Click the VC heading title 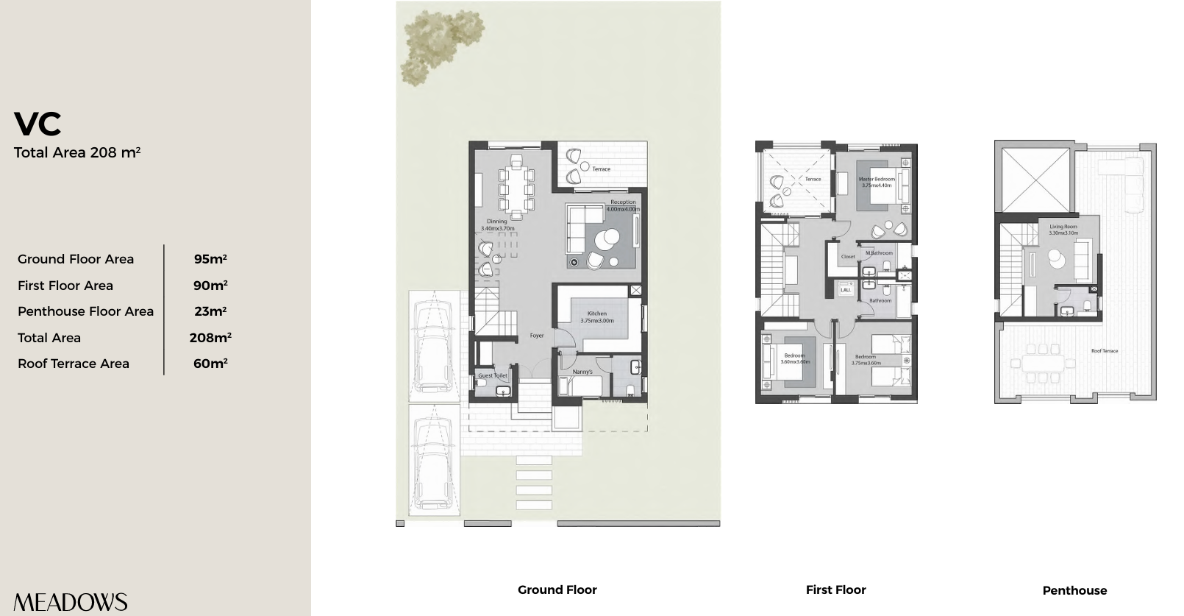pos(38,124)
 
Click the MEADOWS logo pos(71,602)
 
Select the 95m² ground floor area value pos(210,259)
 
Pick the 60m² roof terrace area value pos(210,364)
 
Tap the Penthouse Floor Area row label pos(85,311)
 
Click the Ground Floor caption pos(557,590)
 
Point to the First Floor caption pos(835,590)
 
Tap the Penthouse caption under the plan pos(1074,590)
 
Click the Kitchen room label pos(596,314)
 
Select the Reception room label pos(623,202)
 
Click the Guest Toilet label pos(492,375)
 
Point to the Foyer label pos(537,336)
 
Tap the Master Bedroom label pos(877,180)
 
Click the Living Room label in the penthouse pos(1063,227)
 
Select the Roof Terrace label pos(1104,351)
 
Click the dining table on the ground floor pos(517,189)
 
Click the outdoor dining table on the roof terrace pos(1037,362)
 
